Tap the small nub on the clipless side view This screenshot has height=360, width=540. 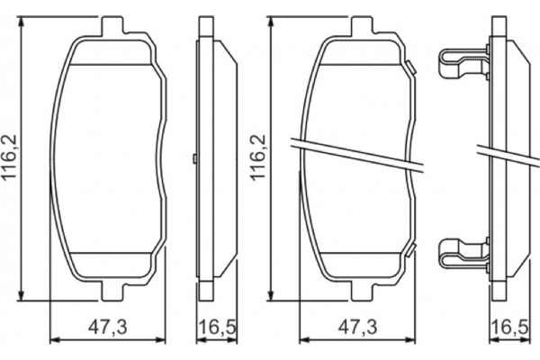tap(195, 159)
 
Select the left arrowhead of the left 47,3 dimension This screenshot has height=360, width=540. tap(52, 339)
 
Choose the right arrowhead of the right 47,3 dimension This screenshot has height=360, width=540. tap(412, 339)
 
